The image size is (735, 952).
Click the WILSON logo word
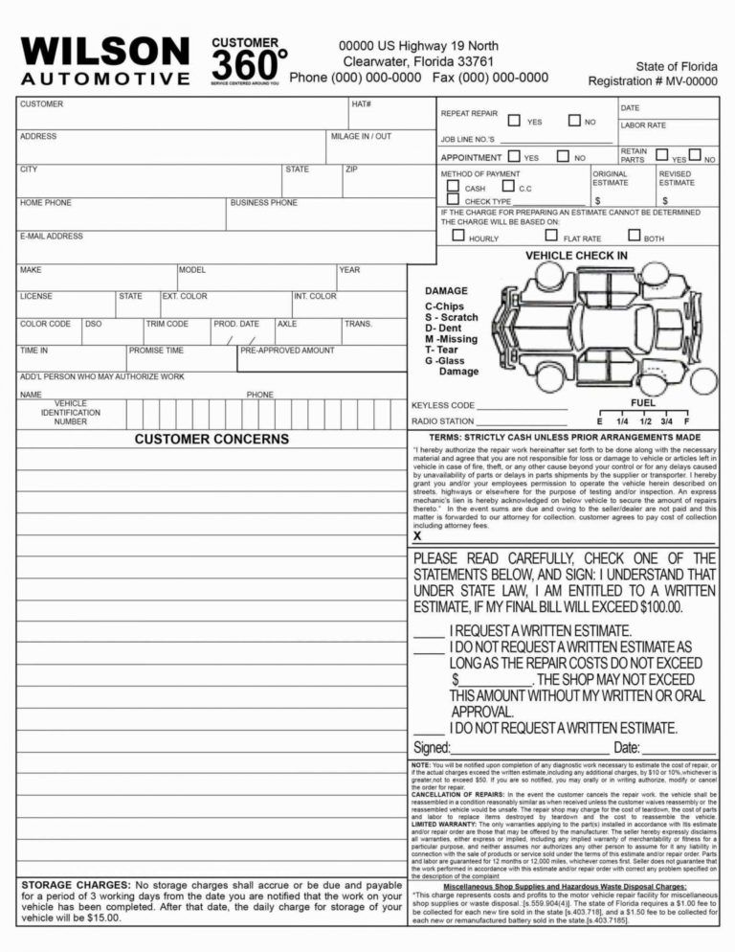coord(104,51)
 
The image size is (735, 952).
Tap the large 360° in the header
coord(246,65)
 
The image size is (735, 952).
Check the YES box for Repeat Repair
coord(514,121)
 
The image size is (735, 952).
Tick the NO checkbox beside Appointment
coord(564,156)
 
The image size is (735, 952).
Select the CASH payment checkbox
coord(453,187)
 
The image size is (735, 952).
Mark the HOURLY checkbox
coord(457,236)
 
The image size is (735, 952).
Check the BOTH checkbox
coord(634,236)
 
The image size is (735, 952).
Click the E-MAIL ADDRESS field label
coord(52,237)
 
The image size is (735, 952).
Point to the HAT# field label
coord(361,103)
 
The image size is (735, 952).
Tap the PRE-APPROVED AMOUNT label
coord(287,351)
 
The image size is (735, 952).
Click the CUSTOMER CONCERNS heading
coord(212,439)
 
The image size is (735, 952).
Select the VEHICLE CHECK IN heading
coord(576,256)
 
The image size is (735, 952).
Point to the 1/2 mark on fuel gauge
coord(646,420)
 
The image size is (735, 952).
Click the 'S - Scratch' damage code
coord(452,317)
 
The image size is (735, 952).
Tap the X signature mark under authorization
coord(417,536)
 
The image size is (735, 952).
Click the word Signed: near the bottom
coord(432,747)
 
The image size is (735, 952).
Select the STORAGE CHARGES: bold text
coord(77,885)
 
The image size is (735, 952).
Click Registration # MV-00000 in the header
coord(652,81)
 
